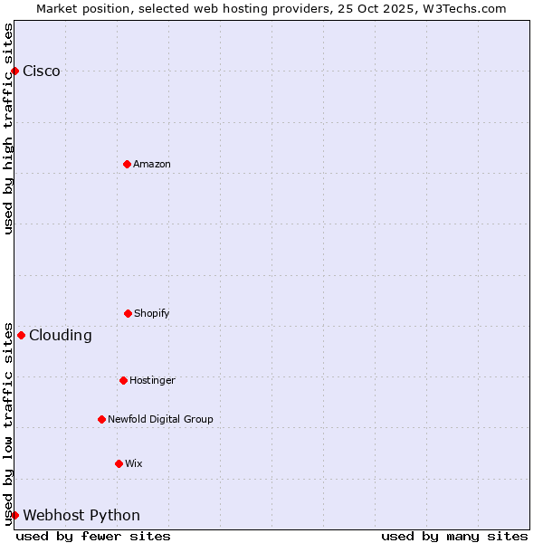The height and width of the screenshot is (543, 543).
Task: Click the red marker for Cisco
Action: point(14,71)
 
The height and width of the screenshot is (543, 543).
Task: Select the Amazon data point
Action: point(127,164)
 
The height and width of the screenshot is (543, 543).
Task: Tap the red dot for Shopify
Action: point(128,313)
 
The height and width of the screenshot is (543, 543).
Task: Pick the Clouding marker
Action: point(21,335)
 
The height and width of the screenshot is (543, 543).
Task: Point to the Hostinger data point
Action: point(123,380)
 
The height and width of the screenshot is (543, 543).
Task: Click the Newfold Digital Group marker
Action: point(101,419)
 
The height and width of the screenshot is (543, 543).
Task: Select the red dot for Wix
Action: point(119,463)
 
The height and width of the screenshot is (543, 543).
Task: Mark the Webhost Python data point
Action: point(14,515)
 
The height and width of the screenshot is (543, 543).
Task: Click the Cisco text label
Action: point(42,71)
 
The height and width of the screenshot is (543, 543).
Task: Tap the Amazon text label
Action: point(152,164)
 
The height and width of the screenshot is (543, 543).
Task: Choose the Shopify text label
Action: point(152,313)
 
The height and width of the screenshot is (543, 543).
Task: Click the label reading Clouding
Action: point(61,336)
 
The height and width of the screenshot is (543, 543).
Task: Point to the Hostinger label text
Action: point(152,380)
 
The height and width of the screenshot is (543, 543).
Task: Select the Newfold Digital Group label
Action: point(160,419)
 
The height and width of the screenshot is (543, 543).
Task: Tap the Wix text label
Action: point(134,463)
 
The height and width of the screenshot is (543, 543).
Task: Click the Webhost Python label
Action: point(81,516)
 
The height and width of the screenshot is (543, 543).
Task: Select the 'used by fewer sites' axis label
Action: point(93,536)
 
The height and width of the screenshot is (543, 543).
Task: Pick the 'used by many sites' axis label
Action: point(454,536)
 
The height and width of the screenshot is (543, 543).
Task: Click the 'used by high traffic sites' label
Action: point(8,129)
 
